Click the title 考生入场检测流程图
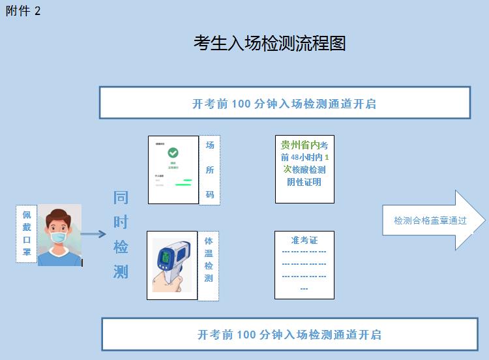point(269,43)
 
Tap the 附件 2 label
point(23,10)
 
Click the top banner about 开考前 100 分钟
point(284,103)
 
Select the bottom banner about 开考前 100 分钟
point(289,335)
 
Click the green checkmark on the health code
point(173,153)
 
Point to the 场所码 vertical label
point(209,170)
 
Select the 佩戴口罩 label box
point(26,233)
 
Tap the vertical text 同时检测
point(121,234)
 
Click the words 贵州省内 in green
point(299,145)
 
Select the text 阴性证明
point(304,182)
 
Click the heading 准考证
point(304,240)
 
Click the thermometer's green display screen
point(166,258)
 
